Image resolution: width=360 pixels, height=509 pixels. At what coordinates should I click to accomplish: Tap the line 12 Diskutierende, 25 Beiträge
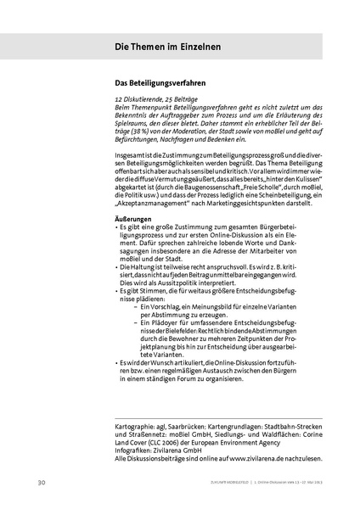158,99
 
